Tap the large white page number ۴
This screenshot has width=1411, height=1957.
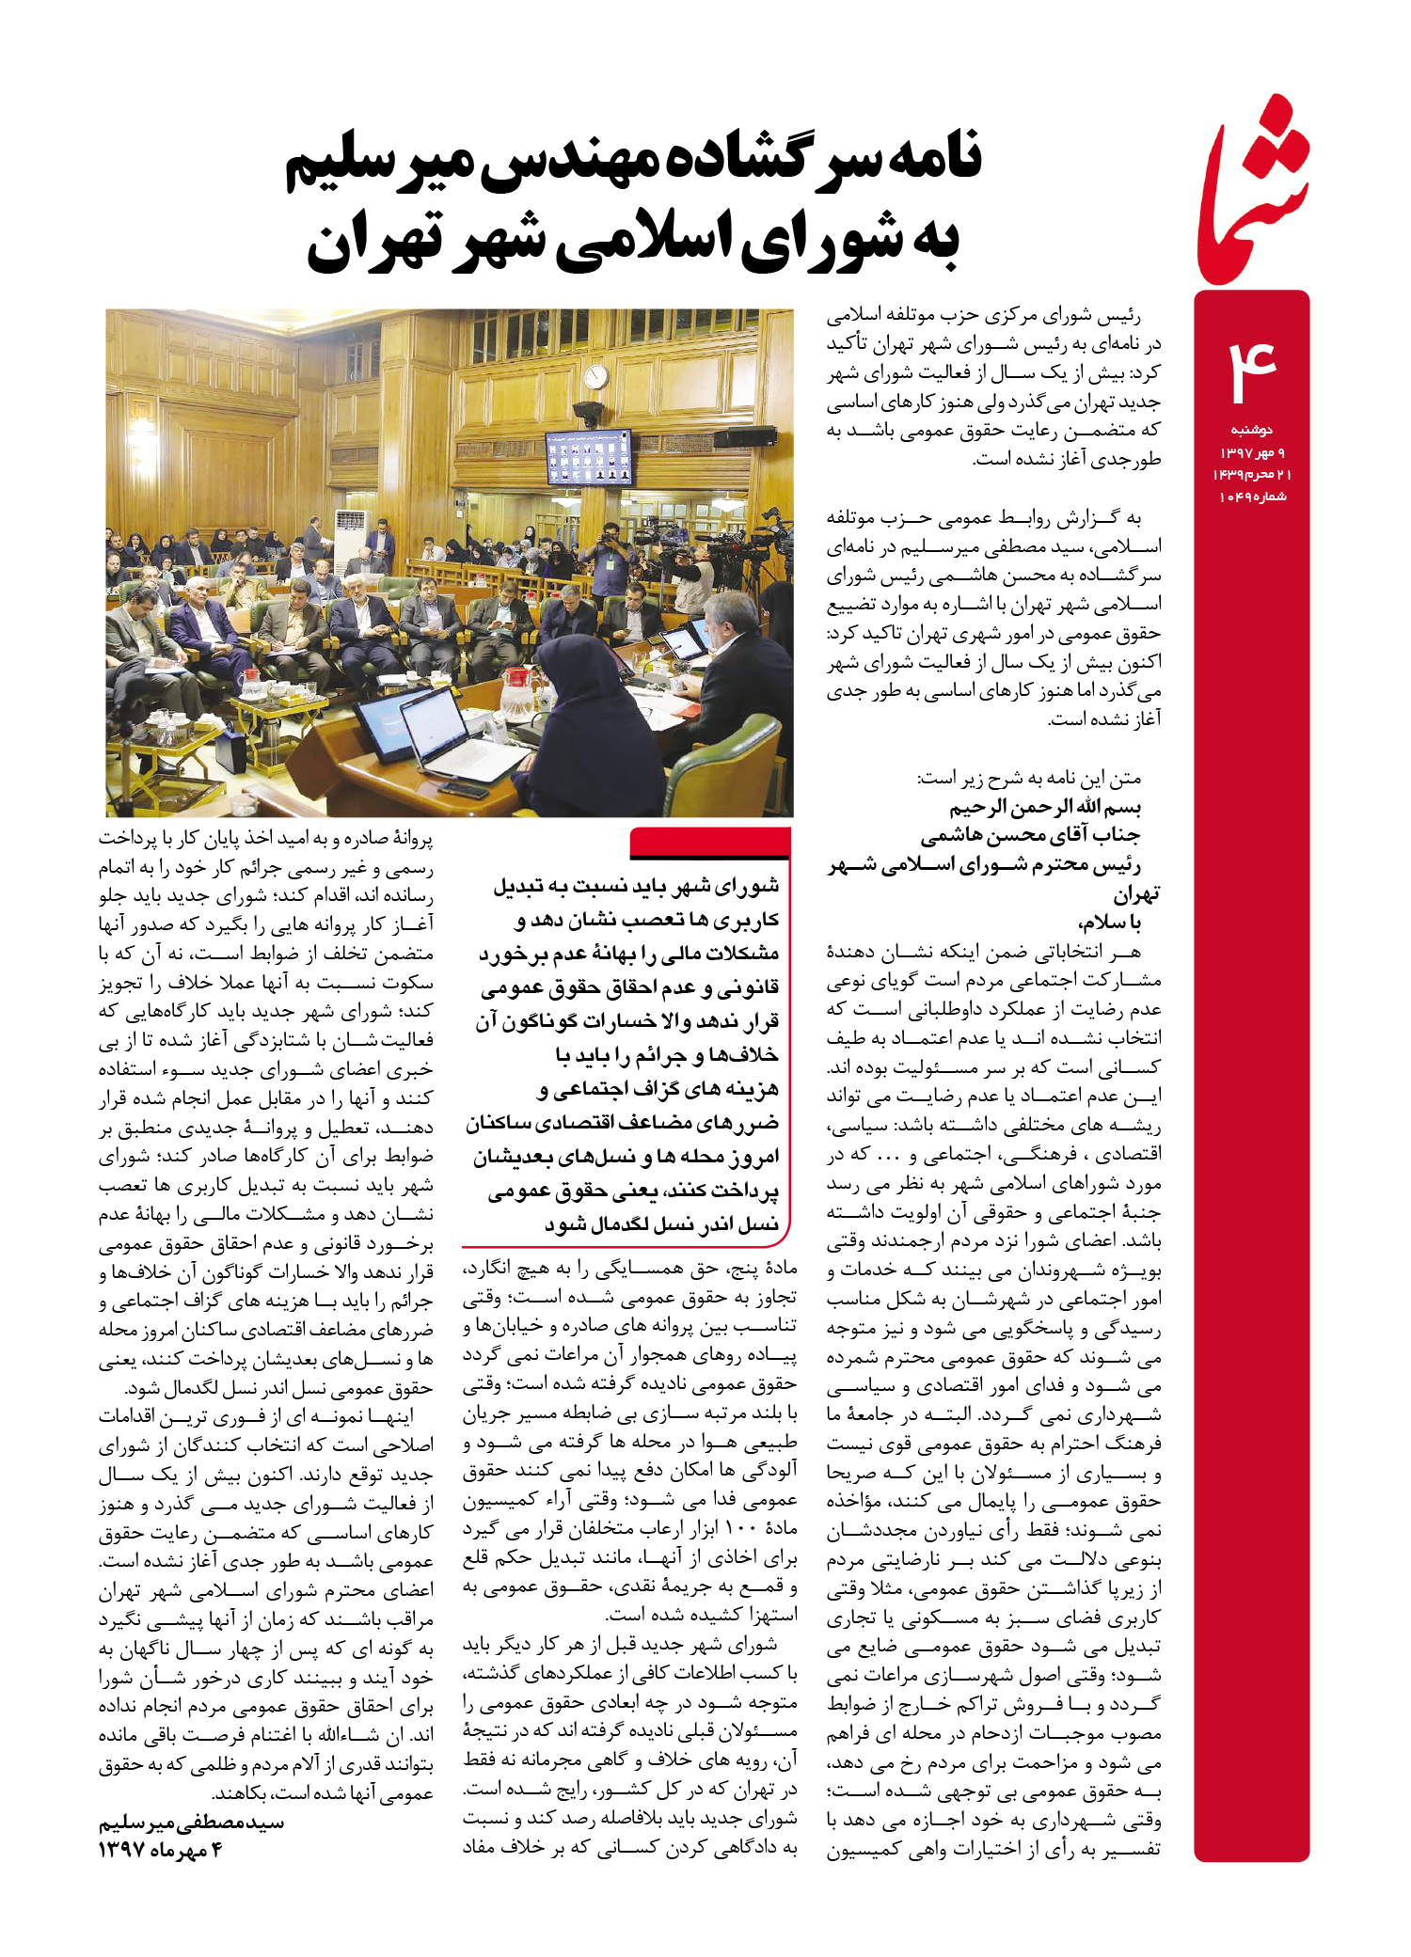click(1252, 371)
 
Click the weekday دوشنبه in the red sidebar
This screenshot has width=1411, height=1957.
click(1252, 430)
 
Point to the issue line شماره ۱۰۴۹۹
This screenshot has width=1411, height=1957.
click(1252, 497)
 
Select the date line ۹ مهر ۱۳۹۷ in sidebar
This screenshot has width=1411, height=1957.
click(1252, 452)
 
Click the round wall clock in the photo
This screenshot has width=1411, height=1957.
click(595, 377)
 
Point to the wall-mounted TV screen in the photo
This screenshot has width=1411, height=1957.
click(590, 455)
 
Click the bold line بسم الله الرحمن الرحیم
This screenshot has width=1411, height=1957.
click(1044, 807)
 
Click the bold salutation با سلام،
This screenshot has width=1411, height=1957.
click(1109, 923)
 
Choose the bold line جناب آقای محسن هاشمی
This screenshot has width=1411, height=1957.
click(1030, 835)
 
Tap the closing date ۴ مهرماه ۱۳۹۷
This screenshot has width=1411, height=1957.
click(160, 1850)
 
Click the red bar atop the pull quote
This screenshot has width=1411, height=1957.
click(710, 842)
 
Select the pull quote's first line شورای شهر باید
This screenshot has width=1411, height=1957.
click(637, 886)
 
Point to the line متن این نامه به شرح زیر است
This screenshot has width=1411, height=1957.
click(1029, 778)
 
